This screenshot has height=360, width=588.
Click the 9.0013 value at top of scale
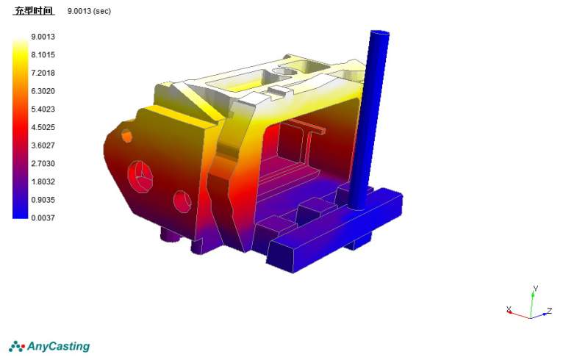tap(43, 37)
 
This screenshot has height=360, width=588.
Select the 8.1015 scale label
tap(43, 55)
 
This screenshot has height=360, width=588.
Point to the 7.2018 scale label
tap(43, 73)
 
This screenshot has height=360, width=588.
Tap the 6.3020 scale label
tap(43, 91)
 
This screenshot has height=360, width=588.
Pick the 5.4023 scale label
tap(43, 109)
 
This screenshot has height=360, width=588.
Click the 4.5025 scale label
tap(43, 127)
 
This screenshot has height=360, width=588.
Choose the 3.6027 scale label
tap(43, 145)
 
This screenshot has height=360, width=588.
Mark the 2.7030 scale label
tap(43, 164)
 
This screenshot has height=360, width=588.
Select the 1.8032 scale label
tap(43, 181)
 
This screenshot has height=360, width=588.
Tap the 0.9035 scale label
tap(43, 200)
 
